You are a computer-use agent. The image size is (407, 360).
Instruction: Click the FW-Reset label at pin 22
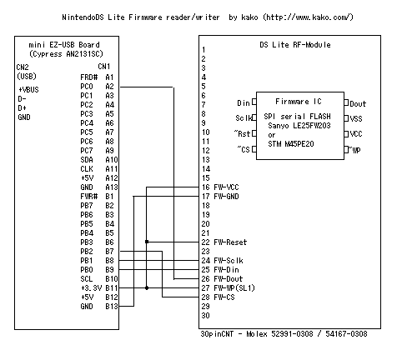point(230,242)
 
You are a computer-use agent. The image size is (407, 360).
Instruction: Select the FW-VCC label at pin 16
point(226,187)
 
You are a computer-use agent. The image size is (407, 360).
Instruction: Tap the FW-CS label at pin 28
point(224,297)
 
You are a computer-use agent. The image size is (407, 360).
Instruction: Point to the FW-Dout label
point(229,279)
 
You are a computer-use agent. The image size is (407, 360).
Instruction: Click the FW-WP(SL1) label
point(234,288)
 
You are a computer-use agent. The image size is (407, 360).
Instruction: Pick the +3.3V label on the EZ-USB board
point(91,288)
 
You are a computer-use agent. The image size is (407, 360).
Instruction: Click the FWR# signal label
point(89,197)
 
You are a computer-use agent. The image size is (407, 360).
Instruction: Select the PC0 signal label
point(87,87)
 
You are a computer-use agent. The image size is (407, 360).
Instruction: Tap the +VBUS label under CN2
point(28,89)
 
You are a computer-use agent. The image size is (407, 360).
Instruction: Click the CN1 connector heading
point(104,67)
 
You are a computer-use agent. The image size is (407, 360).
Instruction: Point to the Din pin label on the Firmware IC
point(244,103)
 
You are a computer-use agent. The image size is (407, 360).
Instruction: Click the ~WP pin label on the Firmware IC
point(354,150)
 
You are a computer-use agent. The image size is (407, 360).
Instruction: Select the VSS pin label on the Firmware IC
point(356,119)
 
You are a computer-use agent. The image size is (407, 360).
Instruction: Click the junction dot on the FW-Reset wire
point(147,242)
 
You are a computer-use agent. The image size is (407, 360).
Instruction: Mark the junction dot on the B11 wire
point(147,288)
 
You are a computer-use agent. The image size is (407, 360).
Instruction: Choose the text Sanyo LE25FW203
point(299,126)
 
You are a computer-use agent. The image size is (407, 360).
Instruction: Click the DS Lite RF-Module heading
point(295,45)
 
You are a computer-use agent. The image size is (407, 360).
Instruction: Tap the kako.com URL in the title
point(308,17)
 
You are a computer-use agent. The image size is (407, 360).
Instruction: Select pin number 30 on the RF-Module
point(205,316)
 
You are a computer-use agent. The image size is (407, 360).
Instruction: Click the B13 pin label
point(112,307)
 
